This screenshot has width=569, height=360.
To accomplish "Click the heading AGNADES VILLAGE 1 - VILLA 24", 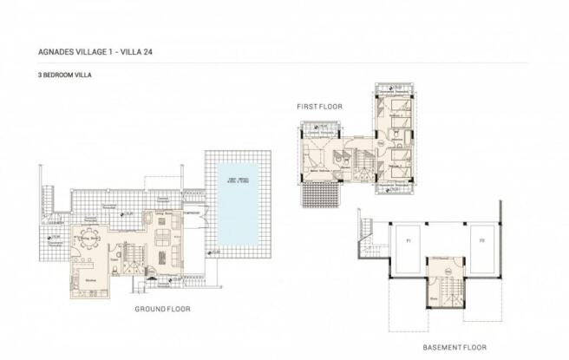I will coord(88,51).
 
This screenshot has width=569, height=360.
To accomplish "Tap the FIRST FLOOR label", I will coord(320,106).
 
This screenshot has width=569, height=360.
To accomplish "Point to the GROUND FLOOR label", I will coord(162,308).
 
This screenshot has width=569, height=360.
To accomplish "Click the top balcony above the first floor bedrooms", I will coord(395,89).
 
